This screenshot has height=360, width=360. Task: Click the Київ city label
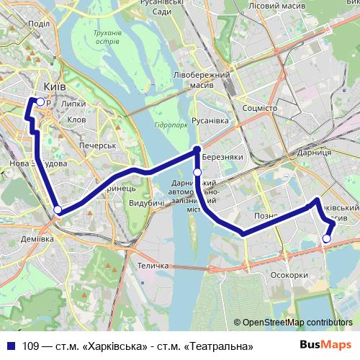[55, 86]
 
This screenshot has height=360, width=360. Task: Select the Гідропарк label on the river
[171, 124]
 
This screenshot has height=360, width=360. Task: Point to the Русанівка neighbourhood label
[210, 121]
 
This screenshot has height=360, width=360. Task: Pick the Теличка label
[153, 266]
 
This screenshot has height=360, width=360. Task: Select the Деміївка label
[37, 238]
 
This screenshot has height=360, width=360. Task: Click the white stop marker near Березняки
[197, 172]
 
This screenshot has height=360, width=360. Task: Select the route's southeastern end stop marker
[326, 238]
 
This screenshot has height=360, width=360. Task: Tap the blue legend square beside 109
[12, 346]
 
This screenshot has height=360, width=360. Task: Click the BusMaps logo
[325, 345]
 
